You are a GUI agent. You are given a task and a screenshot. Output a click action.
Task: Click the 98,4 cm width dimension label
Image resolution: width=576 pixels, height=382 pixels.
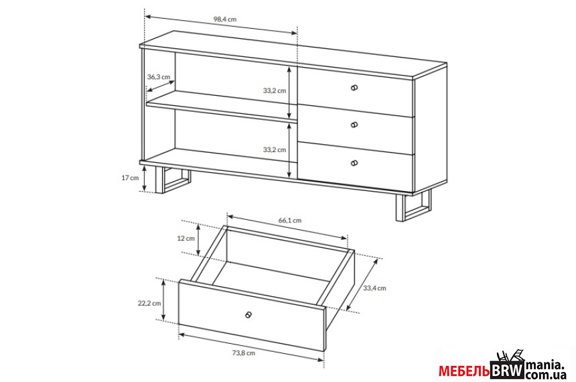click(225, 19)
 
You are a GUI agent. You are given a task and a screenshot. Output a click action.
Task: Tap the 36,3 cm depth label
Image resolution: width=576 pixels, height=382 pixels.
click(159, 77)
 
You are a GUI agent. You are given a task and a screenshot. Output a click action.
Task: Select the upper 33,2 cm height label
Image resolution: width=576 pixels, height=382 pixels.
click(275, 90)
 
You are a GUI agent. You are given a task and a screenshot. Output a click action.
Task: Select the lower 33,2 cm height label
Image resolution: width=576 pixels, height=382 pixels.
click(275, 149)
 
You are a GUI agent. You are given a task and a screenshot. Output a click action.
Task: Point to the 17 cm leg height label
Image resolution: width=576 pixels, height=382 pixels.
click(130, 178)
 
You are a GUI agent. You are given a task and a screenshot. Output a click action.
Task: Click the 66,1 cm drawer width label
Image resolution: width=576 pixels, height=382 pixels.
click(290, 220)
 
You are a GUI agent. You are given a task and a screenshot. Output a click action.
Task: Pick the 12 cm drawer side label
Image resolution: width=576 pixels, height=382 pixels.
click(186, 238)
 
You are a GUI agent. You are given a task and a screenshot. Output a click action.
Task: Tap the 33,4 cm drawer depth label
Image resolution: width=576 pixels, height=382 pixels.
click(374, 288)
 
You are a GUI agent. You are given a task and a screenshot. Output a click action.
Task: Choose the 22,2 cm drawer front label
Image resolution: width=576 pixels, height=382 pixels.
click(149, 304)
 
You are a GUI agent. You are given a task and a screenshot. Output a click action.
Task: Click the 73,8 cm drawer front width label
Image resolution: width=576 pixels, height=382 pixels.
click(244, 353)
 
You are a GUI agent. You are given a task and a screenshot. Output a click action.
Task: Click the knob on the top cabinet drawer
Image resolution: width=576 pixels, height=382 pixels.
click(354, 88)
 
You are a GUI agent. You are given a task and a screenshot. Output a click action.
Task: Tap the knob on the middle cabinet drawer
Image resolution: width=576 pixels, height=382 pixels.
click(354, 125)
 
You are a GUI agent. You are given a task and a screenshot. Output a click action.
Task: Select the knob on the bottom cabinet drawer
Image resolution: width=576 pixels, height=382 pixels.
click(354, 163)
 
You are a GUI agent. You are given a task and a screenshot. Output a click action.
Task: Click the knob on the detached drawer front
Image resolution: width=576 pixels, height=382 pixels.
click(248, 314)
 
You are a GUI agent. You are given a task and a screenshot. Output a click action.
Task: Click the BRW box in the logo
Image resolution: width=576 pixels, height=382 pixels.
click(507, 370)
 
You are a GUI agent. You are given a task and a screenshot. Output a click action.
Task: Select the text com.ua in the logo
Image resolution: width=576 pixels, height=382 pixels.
click(545, 375)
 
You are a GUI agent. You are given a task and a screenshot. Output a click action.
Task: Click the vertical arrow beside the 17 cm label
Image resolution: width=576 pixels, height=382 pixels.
click(145, 178)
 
